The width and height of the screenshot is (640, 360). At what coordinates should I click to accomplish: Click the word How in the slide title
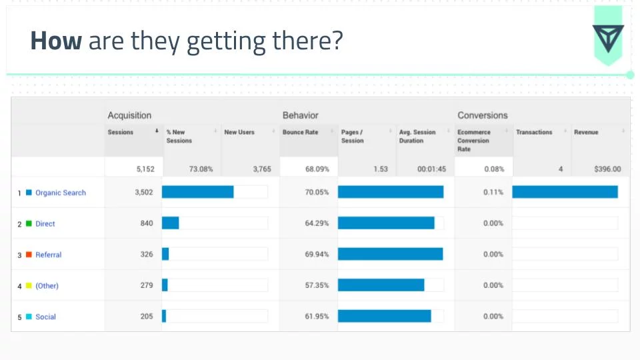tap(56, 41)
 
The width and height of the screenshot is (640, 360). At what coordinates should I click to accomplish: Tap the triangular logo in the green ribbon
tap(607, 39)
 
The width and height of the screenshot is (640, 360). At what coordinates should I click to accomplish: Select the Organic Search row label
tap(61, 193)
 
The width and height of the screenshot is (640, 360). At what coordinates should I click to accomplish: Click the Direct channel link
tap(45, 224)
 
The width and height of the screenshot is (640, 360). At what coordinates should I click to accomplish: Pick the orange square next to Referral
tap(29, 255)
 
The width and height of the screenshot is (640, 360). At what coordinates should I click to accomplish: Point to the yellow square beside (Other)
tap(29, 286)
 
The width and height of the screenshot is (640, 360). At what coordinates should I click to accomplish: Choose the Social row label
tap(45, 317)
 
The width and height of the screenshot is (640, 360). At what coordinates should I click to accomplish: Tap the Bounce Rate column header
tap(300, 133)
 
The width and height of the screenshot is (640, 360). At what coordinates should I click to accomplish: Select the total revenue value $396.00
tap(607, 169)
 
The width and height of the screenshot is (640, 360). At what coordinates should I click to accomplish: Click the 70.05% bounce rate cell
tap(317, 193)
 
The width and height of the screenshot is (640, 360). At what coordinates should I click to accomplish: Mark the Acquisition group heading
tap(129, 115)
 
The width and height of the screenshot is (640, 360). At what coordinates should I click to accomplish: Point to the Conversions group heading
tap(482, 115)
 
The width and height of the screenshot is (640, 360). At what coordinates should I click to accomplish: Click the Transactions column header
tap(534, 133)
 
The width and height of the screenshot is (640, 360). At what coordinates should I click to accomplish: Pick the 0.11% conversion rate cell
tap(493, 193)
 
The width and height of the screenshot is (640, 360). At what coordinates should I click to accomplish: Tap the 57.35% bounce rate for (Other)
tap(317, 285)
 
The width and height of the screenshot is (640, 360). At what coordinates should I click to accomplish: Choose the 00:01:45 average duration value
tap(431, 169)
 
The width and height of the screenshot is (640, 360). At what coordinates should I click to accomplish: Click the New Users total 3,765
tap(262, 169)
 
